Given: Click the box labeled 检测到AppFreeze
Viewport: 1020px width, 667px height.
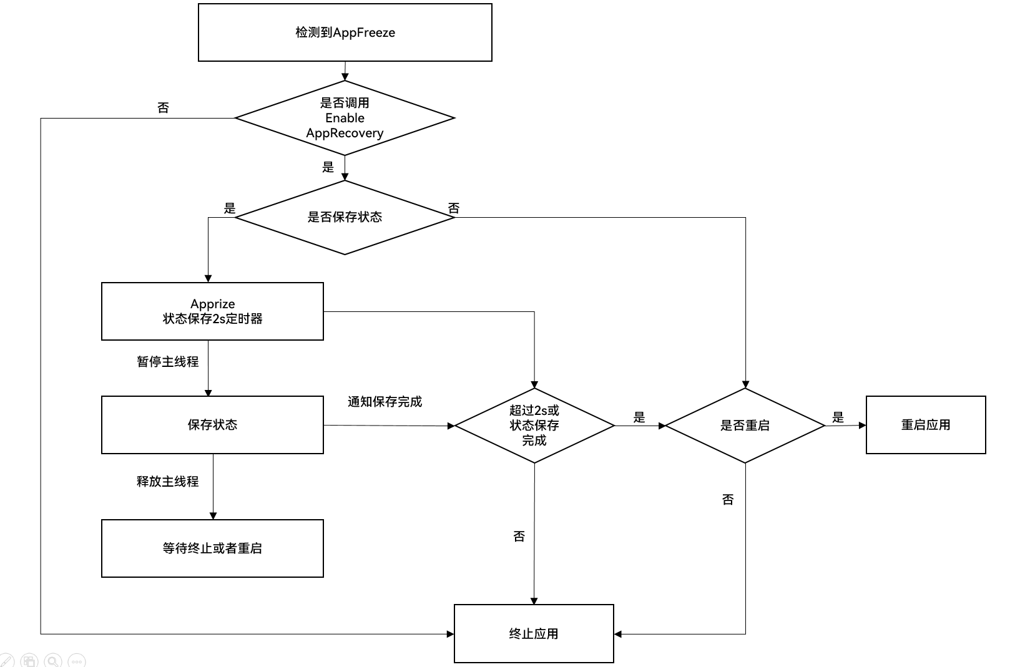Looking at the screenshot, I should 345,32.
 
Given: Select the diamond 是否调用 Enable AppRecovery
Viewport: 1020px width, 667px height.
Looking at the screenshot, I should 345,118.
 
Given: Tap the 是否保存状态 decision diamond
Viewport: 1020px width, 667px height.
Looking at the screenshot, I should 345,217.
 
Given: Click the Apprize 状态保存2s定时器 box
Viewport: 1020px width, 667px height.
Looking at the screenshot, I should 212,311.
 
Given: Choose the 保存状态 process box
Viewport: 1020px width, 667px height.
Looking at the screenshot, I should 212,425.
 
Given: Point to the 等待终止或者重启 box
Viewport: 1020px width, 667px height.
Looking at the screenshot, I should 212,548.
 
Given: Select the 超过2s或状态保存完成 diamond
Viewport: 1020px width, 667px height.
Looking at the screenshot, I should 534,426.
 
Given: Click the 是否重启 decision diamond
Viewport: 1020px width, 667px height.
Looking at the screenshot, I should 745,426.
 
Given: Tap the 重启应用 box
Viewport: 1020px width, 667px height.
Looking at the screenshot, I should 926,425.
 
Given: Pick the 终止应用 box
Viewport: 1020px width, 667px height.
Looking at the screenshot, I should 534,634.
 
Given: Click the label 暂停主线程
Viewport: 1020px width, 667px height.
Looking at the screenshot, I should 168,362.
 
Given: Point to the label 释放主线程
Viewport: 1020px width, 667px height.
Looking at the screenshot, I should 168,482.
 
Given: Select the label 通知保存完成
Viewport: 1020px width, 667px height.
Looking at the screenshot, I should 385,402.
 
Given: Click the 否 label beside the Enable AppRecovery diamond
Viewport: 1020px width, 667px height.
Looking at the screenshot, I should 164,108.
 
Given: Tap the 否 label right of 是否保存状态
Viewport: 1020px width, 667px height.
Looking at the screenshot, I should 454,208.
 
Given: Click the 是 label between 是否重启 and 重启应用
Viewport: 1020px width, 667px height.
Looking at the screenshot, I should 838,417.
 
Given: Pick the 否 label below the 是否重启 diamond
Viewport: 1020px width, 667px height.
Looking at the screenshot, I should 728,500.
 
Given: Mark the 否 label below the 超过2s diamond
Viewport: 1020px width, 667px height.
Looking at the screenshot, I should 519,537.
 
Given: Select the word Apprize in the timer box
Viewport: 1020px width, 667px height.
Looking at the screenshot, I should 213,304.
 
